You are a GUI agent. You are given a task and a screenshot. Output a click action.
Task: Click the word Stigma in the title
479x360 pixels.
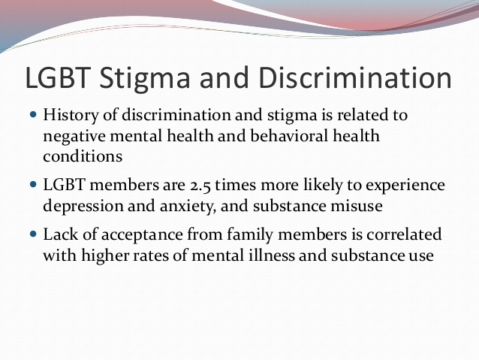tap(145, 79)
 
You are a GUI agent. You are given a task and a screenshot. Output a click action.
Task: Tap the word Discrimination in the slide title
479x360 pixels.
tap(355, 77)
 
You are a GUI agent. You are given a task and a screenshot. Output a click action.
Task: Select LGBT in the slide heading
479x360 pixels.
tap(58, 77)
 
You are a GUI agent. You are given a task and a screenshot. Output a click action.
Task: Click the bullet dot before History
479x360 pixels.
tap(33, 115)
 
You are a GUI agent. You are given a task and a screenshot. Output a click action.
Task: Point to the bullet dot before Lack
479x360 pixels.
tap(33, 234)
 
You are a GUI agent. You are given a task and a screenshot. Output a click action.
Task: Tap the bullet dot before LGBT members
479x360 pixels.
tap(33, 185)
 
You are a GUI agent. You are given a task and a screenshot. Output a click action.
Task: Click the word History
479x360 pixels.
tap(71, 116)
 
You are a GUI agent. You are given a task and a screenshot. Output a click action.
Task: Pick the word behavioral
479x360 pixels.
tap(289, 135)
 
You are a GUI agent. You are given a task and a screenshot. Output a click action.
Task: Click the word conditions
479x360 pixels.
tap(83, 156)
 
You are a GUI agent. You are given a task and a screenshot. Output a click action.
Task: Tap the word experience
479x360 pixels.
tap(405, 186)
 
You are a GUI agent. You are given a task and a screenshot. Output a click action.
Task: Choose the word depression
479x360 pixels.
tap(83, 206)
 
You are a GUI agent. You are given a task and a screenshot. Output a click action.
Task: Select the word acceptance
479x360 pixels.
tap(142, 235)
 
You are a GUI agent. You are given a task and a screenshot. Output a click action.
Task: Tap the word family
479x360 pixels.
tap(250, 235)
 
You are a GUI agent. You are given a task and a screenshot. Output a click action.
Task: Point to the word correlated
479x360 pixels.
tap(404, 234)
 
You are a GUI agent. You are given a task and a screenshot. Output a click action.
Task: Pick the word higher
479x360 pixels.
tap(105, 256)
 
